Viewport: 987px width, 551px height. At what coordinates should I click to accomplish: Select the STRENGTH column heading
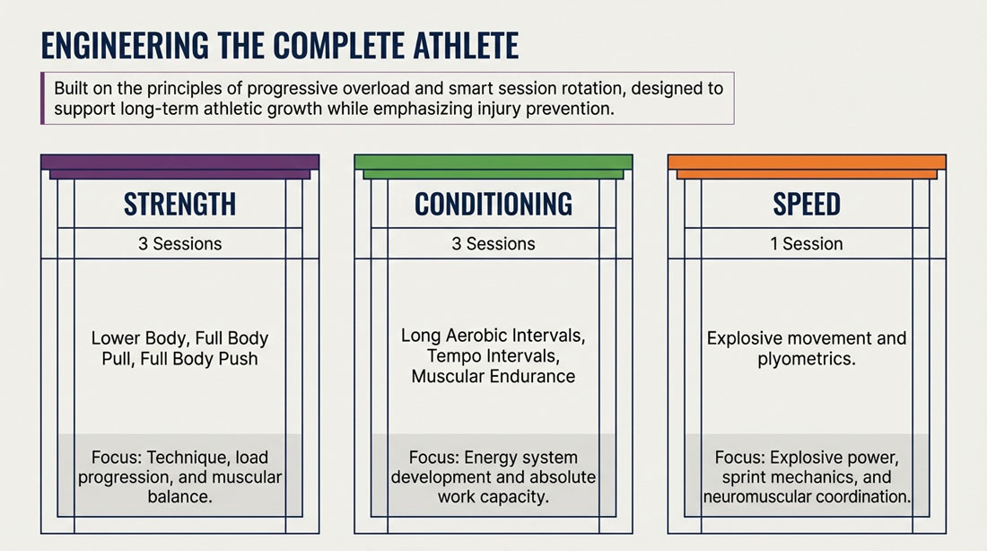(180, 204)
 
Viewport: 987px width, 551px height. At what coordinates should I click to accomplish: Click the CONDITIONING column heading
(493, 204)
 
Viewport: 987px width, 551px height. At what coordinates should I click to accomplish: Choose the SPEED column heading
(807, 204)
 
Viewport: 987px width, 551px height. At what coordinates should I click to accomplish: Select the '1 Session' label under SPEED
(807, 244)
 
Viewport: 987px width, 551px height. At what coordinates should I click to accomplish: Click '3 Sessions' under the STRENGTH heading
(180, 244)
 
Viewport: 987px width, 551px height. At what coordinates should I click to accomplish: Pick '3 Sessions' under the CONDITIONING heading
(493, 244)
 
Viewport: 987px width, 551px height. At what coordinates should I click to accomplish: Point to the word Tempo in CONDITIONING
(451, 356)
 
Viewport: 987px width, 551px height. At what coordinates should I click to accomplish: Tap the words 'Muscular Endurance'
(493, 377)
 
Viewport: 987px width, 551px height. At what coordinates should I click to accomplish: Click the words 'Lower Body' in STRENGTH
(138, 339)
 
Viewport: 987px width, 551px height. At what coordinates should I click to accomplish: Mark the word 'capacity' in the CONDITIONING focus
(517, 497)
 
